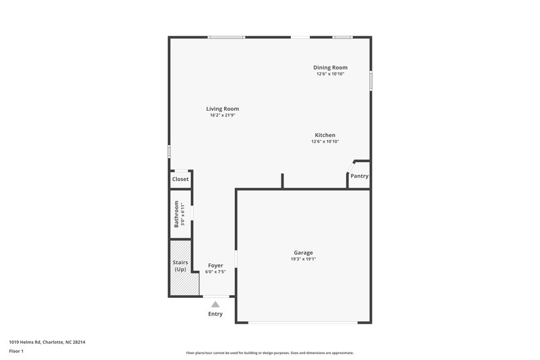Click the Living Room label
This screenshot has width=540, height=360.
[222, 109]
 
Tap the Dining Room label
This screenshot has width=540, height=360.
[330, 67]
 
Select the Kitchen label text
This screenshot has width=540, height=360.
[325, 135]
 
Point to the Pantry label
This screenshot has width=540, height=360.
[359, 176]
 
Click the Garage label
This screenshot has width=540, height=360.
[303, 253]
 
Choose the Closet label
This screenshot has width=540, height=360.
[180, 179]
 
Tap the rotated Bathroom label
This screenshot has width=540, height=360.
[176, 213]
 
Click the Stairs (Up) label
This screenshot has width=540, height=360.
[180, 265]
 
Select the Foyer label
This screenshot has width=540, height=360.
[215, 265]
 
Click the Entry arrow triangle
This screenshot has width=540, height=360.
[215, 305]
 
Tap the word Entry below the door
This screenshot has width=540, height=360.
[215, 314]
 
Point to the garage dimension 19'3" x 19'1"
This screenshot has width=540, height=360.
[303, 259]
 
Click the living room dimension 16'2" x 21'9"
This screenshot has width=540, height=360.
[222, 115]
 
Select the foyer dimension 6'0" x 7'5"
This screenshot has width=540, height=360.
[215, 272]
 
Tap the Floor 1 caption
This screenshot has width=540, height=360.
[16, 351]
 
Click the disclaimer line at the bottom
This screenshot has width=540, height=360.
[269, 353]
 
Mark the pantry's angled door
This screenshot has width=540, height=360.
[351, 167]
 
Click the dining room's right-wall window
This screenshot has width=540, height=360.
[370, 80]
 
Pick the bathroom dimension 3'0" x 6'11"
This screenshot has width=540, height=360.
[183, 213]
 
